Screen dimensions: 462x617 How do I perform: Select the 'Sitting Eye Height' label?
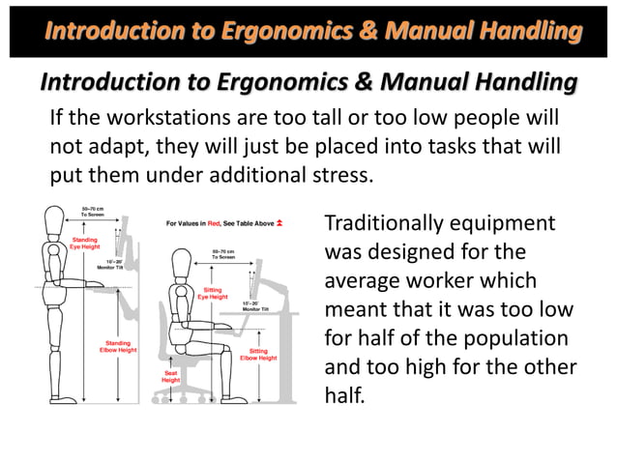212,292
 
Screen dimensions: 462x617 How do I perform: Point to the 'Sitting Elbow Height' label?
259,355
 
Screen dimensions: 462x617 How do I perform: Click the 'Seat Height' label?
170,376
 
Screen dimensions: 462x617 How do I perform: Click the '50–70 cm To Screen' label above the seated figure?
224,254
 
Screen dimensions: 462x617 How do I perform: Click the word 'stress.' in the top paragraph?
338,176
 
